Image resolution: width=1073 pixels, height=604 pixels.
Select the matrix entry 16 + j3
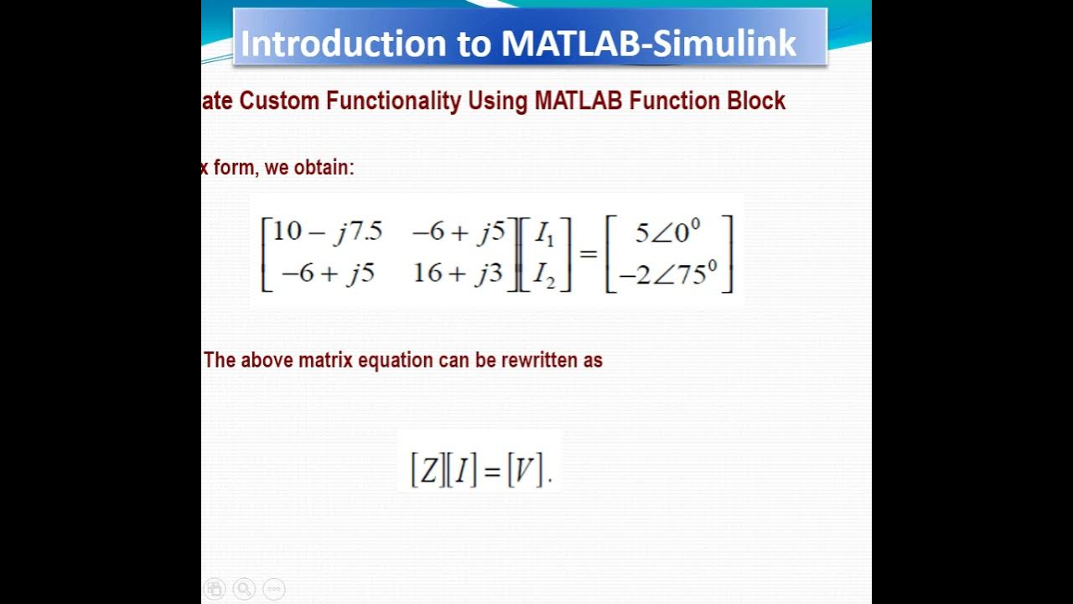pos(458,273)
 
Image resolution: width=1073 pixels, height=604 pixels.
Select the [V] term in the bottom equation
pos(525,471)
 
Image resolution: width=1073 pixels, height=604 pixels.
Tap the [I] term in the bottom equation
pos(462,471)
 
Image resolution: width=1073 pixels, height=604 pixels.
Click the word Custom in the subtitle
pos(279,102)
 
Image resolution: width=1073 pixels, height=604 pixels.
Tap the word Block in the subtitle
pos(754,102)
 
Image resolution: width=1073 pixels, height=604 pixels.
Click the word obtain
pos(328,168)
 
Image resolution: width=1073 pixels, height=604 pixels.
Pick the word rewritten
pos(540,361)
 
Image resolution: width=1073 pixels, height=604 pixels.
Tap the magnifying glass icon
pos(244,589)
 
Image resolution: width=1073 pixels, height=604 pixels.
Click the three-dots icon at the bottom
pos(274,589)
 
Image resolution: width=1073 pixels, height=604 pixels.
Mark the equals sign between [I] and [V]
pos(492,471)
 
